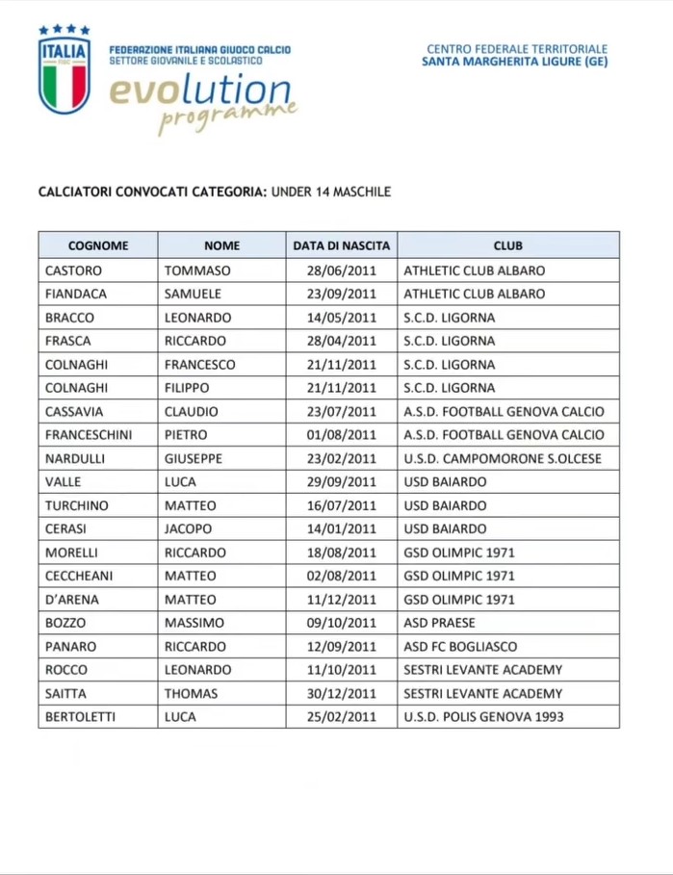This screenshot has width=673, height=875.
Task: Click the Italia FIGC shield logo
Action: [65, 70]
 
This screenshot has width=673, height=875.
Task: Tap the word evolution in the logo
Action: [199, 90]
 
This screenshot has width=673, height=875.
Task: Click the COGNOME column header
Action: [97, 246]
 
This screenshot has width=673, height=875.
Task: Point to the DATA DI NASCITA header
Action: [342, 246]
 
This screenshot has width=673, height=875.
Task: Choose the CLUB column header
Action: [507, 246]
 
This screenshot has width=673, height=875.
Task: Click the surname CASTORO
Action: [73, 270]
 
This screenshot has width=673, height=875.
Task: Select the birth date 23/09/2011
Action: [342, 294]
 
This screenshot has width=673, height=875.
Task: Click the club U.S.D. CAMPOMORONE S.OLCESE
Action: [503, 458]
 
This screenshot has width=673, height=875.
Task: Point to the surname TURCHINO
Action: [77, 505]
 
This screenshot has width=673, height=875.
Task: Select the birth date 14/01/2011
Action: [342, 528]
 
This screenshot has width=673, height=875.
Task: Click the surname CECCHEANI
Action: [81, 576]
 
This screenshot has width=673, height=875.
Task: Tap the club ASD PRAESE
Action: [439, 623]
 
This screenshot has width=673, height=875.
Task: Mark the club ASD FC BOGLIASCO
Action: [460, 646]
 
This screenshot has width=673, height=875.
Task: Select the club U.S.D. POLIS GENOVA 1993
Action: [483, 717]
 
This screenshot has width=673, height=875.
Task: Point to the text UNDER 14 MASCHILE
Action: [331, 192]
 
